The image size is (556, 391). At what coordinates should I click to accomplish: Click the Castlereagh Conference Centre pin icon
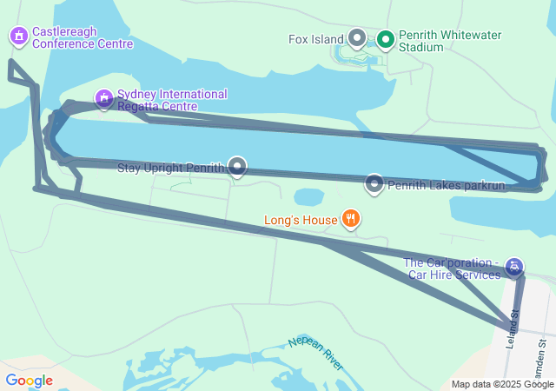click(18, 36)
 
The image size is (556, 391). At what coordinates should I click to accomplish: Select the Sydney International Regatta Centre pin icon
click(104, 97)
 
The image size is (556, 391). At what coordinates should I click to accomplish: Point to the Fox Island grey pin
click(357, 38)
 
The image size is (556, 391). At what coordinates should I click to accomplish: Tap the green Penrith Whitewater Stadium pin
click(386, 39)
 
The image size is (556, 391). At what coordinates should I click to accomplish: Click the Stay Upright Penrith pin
click(237, 167)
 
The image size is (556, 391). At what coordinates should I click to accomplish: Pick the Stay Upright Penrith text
click(170, 168)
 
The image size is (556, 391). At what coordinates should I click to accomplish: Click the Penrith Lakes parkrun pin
click(374, 183)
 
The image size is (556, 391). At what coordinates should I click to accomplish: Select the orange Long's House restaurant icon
click(349, 219)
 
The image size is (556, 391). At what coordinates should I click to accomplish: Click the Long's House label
click(301, 220)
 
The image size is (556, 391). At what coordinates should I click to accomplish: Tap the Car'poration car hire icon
click(514, 266)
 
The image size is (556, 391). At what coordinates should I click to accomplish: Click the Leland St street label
click(514, 325)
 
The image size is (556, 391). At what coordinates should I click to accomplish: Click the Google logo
click(29, 380)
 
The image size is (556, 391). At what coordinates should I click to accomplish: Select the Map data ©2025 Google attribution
click(502, 384)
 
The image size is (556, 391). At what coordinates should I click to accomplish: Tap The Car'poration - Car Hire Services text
click(452, 268)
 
